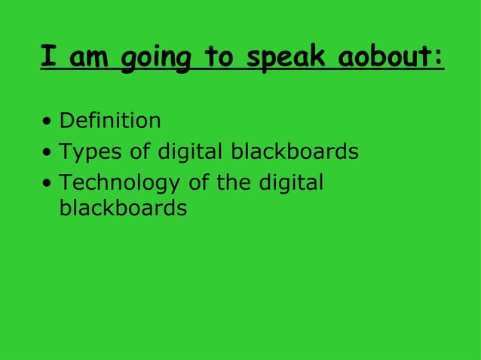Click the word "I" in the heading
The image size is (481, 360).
pos(49,56)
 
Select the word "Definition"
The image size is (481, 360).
pos(110,121)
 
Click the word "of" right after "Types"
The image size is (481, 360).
pos(136,152)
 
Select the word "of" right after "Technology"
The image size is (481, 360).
pos(199,183)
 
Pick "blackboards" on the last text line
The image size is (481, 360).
pos(122,208)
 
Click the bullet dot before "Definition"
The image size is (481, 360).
pos(47,121)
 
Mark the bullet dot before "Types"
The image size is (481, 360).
pos(47,153)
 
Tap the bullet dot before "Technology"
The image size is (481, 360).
pos(47,184)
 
